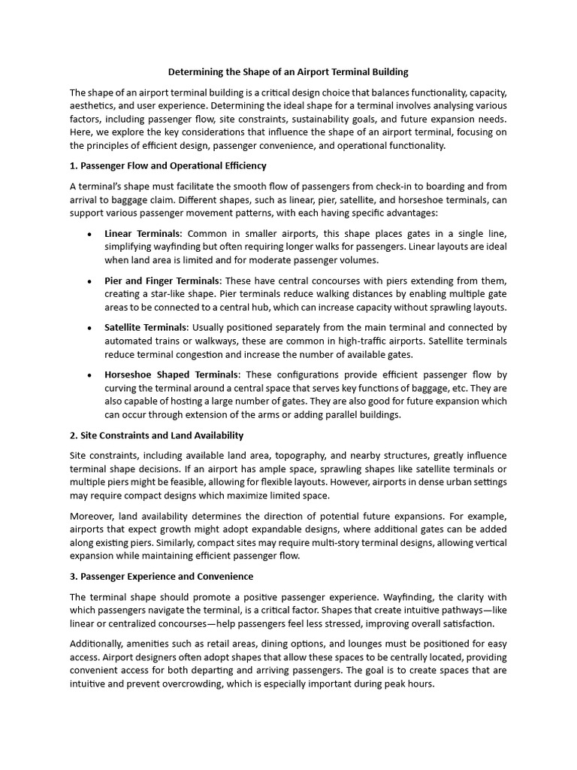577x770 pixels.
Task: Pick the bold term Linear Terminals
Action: pyautogui.click(x=143, y=233)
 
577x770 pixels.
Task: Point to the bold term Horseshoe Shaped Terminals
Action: pyautogui.click(x=172, y=374)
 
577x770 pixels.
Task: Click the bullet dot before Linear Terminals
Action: pyautogui.click(x=89, y=234)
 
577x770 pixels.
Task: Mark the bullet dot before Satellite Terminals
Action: pyautogui.click(x=89, y=328)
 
